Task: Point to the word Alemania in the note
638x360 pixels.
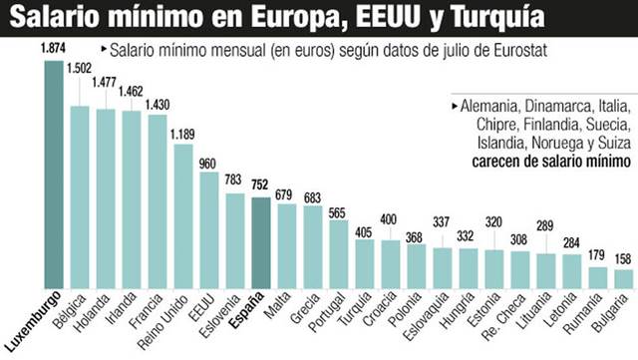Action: (490, 105)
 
